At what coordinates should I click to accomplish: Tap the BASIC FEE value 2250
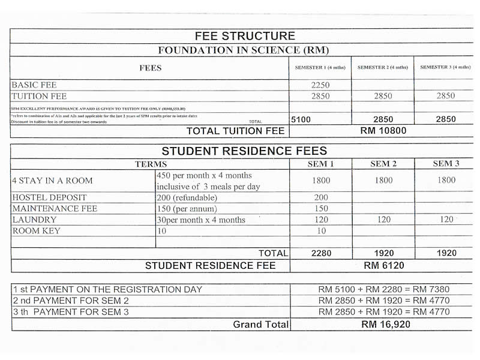pos(320,85)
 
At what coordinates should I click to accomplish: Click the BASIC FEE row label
pos(34,85)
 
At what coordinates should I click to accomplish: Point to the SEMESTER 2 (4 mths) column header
pos(383,67)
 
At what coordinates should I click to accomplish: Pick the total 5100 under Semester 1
pos(301,120)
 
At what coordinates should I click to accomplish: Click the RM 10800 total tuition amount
pos(383,131)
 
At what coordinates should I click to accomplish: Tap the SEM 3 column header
pos(446,164)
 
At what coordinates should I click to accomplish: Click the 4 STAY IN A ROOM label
pos(53,181)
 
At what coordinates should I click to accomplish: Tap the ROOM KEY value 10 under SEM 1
pos(320,231)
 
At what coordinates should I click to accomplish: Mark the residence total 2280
pos(322,253)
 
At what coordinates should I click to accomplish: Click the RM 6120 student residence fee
pos(383,265)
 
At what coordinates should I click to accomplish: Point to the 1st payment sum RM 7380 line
pos(384,289)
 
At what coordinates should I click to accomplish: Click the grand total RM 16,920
pos(384,325)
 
